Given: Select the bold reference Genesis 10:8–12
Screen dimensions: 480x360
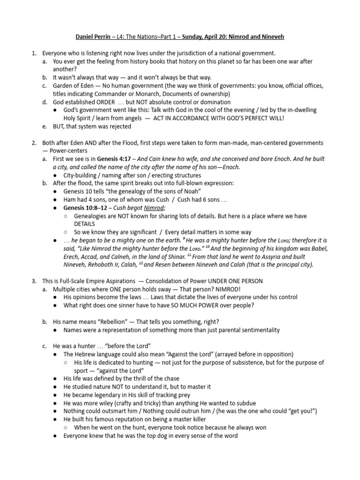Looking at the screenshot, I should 87,208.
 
